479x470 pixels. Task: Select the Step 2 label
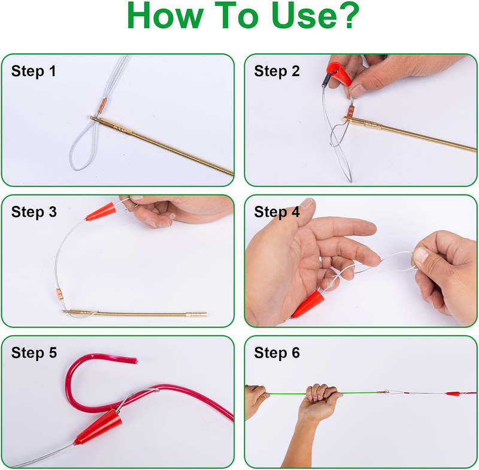pyautogui.click(x=277, y=72)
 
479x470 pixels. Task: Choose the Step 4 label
pyautogui.click(x=277, y=213)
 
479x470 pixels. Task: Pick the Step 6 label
pyautogui.click(x=277, y=353)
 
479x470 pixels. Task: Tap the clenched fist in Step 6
pyautogui.click(x=322, y=395)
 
